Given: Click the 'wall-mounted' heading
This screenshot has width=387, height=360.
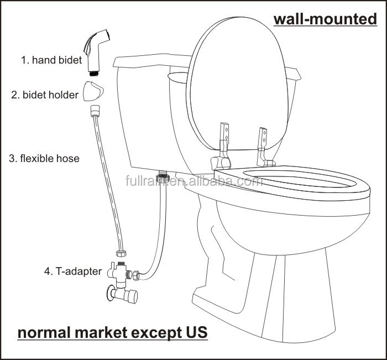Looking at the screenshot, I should tap(325, 19).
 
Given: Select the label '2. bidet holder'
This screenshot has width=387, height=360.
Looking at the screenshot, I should tap(45, 95).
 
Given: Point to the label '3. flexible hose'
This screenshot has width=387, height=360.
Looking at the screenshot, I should tap(44, 159).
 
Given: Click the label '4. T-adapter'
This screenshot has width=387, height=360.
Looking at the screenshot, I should tap(73, 272).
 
